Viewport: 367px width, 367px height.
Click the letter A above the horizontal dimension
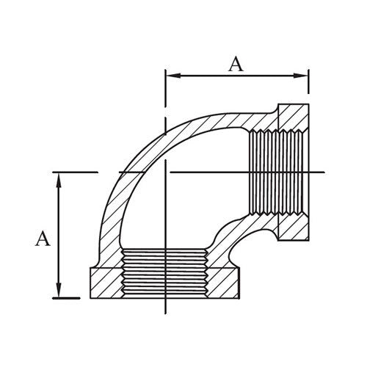pos(235,64)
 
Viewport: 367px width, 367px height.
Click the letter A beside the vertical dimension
pos(43,239)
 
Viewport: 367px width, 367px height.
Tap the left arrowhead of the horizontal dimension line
pos(170,74)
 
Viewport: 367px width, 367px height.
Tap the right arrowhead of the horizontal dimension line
pos(303,74)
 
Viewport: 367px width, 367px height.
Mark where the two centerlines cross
pos(168,172)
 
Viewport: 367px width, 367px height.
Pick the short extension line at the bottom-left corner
pos(68,297)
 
